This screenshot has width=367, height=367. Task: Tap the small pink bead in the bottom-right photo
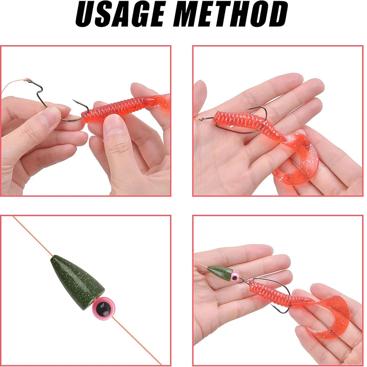pos(235,276)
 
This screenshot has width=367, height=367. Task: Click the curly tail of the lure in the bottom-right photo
pos(330,312)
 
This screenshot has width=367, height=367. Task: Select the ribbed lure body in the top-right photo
pos(242,123)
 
